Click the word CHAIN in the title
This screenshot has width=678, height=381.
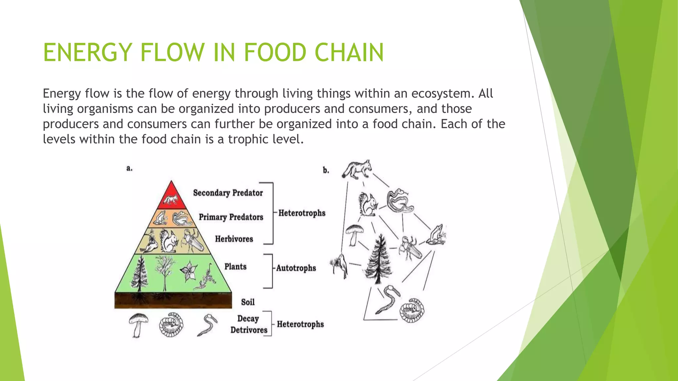point(349,52)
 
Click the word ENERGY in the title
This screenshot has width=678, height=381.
point(87,52)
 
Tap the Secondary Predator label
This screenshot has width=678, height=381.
point(228,193)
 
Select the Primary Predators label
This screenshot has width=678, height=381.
point(231,217)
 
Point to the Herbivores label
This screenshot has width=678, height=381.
point(234,239)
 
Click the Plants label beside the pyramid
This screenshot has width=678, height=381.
point(235,267)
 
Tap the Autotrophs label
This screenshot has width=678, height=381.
point(296,268)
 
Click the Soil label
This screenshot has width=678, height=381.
point(248,302)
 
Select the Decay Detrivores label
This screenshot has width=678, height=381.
point(249,324)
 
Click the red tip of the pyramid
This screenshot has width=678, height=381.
point(171,197)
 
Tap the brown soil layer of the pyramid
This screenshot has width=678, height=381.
point(173,300)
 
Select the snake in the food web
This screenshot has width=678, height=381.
point(400,201)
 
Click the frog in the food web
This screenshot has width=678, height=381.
point(436,234)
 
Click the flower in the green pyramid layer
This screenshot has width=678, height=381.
point(189,271)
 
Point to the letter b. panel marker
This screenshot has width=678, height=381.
point(326,170)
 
